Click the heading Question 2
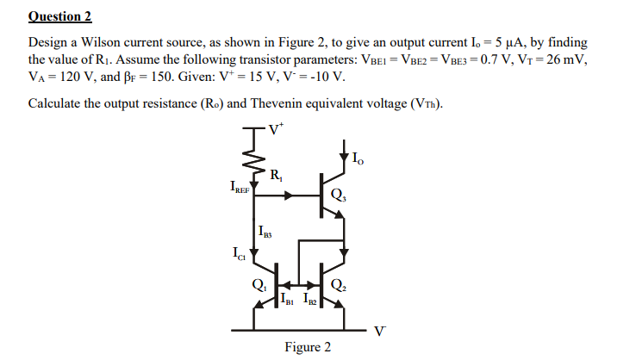[x=59, y=16]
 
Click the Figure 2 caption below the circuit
[x=308, y=347]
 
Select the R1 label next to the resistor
[x=275, y=177]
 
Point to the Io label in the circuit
[x=358, y=157]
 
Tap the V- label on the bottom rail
[x=381, y=330]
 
